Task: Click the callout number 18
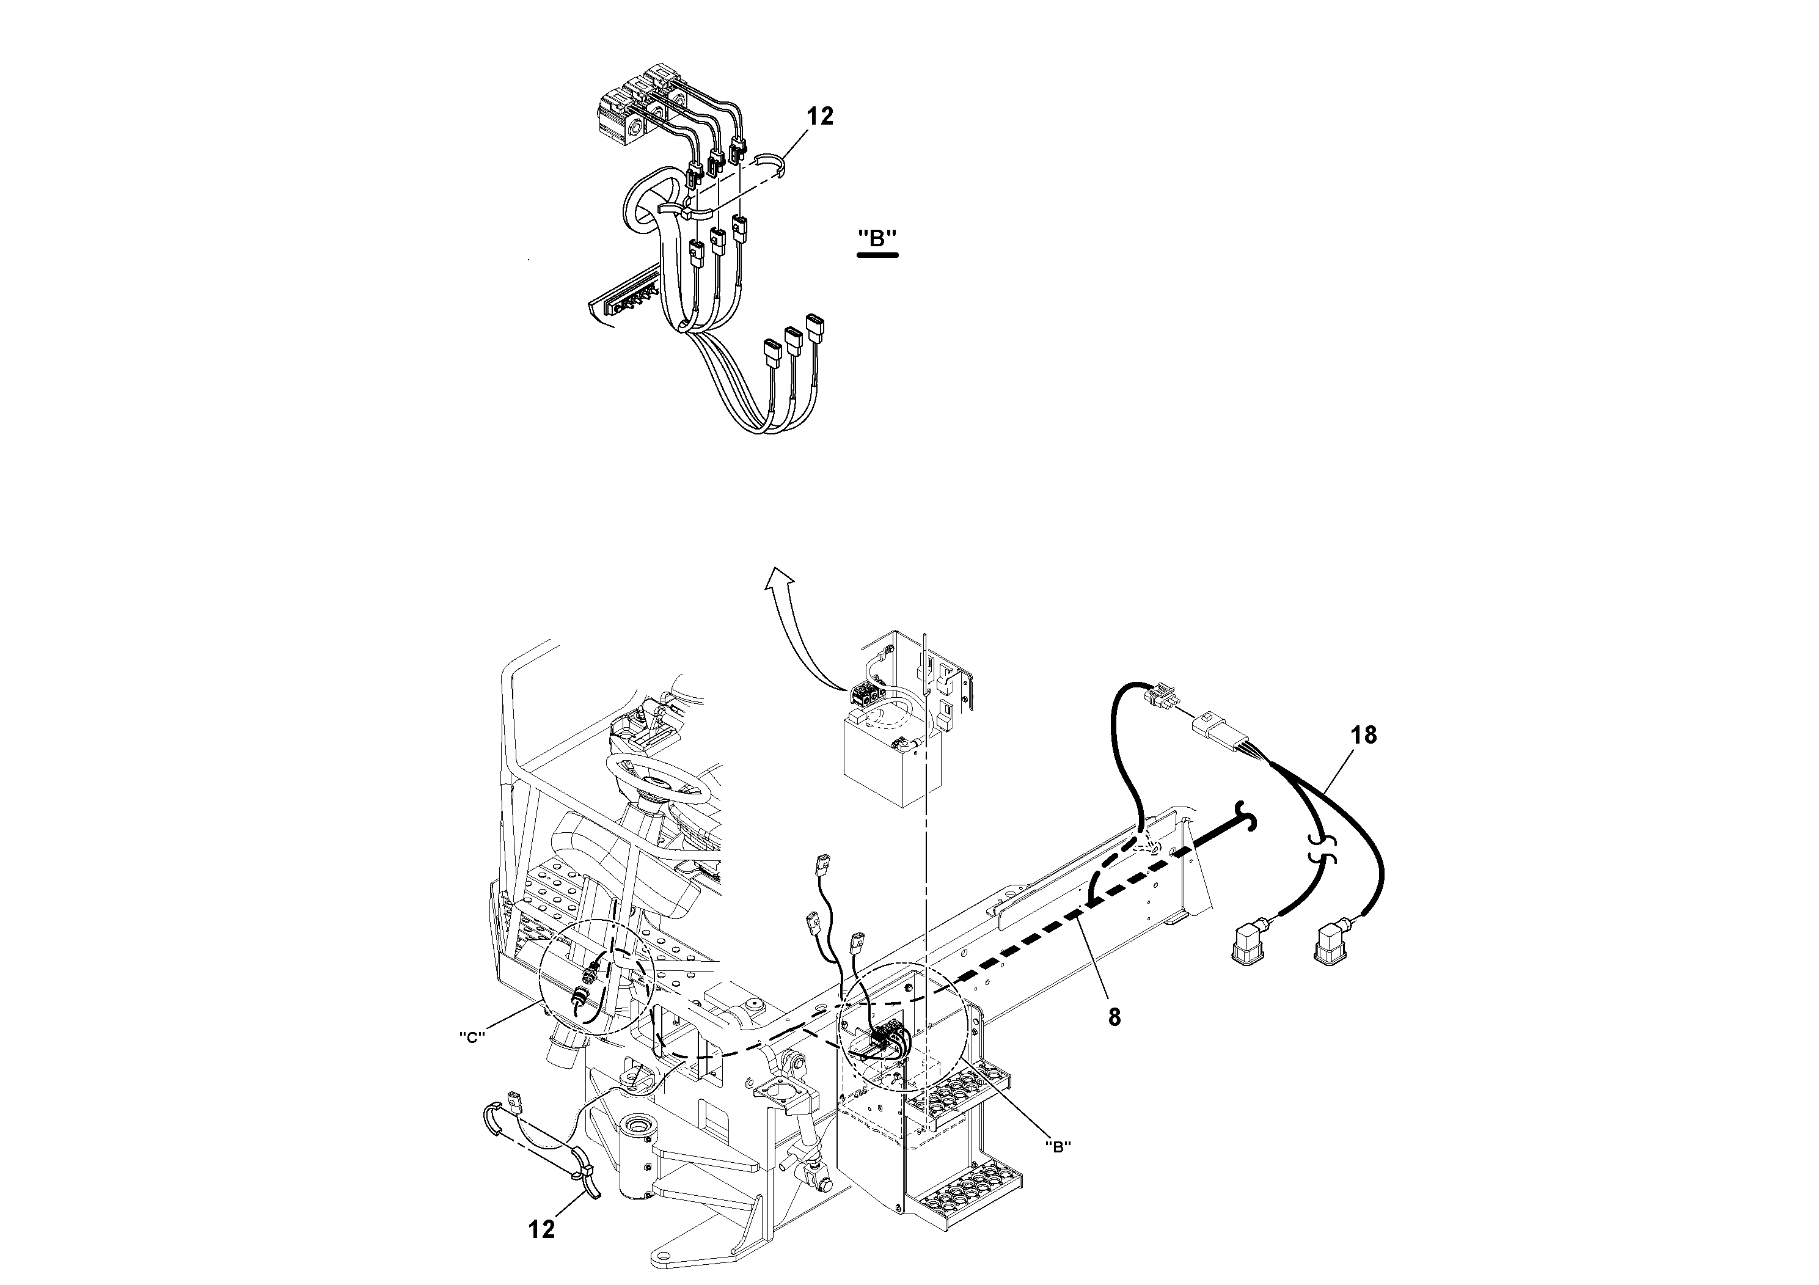tap(1363, 735)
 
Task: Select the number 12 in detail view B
tap(820, 117)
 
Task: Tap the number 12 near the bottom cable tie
tap(542, 1229)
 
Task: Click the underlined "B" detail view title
tap(877, 238)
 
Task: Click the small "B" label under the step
tap(1058, 1146)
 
